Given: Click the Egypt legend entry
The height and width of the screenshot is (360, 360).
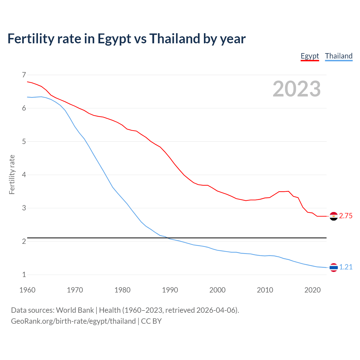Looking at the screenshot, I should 310,56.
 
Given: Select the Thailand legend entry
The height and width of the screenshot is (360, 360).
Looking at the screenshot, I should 339,56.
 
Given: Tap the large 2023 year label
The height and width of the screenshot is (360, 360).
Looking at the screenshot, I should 296,89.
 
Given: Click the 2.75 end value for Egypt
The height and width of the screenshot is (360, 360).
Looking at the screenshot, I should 346,216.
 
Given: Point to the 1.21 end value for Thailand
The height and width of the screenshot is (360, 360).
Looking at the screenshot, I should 346,267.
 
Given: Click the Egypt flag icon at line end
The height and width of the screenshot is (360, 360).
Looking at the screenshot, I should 334,216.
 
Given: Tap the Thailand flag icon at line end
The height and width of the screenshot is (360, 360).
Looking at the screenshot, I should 334,267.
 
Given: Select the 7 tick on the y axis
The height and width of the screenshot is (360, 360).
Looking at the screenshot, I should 24,75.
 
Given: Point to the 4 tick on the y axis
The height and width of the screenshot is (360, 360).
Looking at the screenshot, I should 24,175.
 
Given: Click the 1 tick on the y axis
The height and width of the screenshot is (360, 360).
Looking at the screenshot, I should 24,274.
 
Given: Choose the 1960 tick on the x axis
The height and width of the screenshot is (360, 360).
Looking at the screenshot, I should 27,290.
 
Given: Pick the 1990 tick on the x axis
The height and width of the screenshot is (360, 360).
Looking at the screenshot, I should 170,290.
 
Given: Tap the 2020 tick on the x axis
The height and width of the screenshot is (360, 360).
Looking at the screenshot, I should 312,290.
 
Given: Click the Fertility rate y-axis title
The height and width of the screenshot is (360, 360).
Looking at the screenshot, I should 12,174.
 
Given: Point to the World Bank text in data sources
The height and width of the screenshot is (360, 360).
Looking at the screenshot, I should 75,310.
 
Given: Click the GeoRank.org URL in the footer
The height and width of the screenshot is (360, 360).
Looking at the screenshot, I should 73,321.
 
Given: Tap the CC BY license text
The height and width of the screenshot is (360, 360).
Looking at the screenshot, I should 151,321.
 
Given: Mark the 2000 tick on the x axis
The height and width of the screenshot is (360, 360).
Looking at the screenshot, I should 217,290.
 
